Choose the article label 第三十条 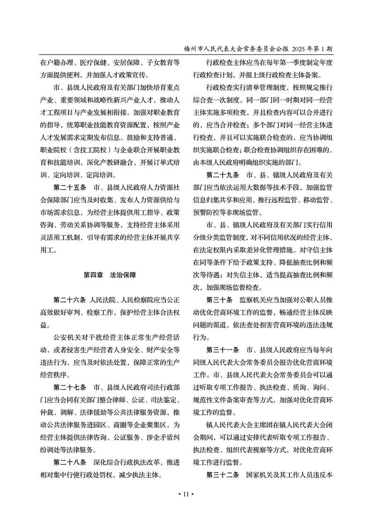click(220, 299)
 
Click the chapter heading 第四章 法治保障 click(110, 275)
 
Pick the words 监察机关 click(254, 299)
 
